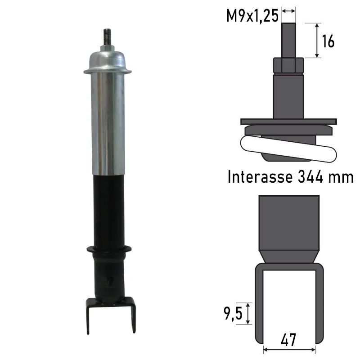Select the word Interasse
[x=257, y=177]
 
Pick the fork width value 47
[x=288, y=338]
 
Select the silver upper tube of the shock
[x=108, y=121]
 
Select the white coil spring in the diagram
[x=288, y=149]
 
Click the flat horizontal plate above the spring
[x=288, y=121]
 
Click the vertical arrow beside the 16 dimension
[x=318, y=40]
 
